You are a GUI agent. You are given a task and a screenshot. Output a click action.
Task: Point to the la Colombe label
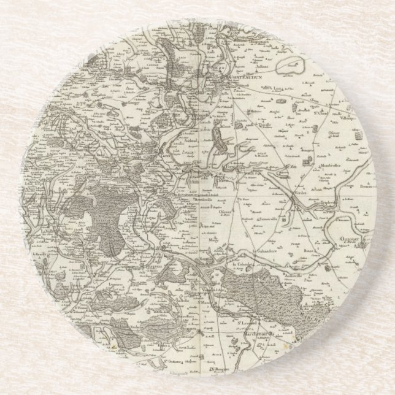(x=244, y=247)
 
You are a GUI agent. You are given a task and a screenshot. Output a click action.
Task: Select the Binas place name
(x=304, y=233)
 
